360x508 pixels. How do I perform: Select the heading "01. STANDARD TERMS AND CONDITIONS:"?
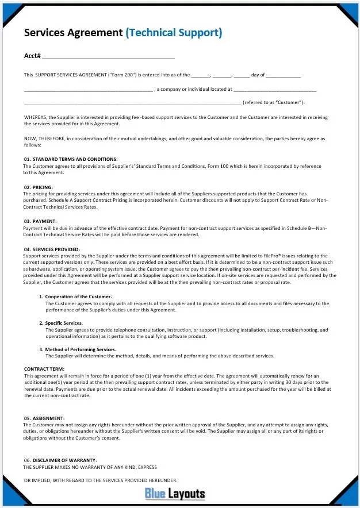tap(71, 159)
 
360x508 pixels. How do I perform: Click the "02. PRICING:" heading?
tap(39, 187)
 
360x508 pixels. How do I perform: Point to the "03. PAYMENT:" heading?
tap(40, 221)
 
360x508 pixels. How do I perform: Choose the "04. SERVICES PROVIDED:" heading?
tap(52, 249)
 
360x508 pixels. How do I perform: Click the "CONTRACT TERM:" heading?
tap(44, 368)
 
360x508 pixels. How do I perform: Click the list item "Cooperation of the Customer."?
tap(79, 297)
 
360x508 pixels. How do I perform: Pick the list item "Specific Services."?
tap(64, 323)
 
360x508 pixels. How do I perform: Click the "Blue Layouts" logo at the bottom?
tap(175, 494)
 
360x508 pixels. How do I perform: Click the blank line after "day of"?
tap(284, 76)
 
